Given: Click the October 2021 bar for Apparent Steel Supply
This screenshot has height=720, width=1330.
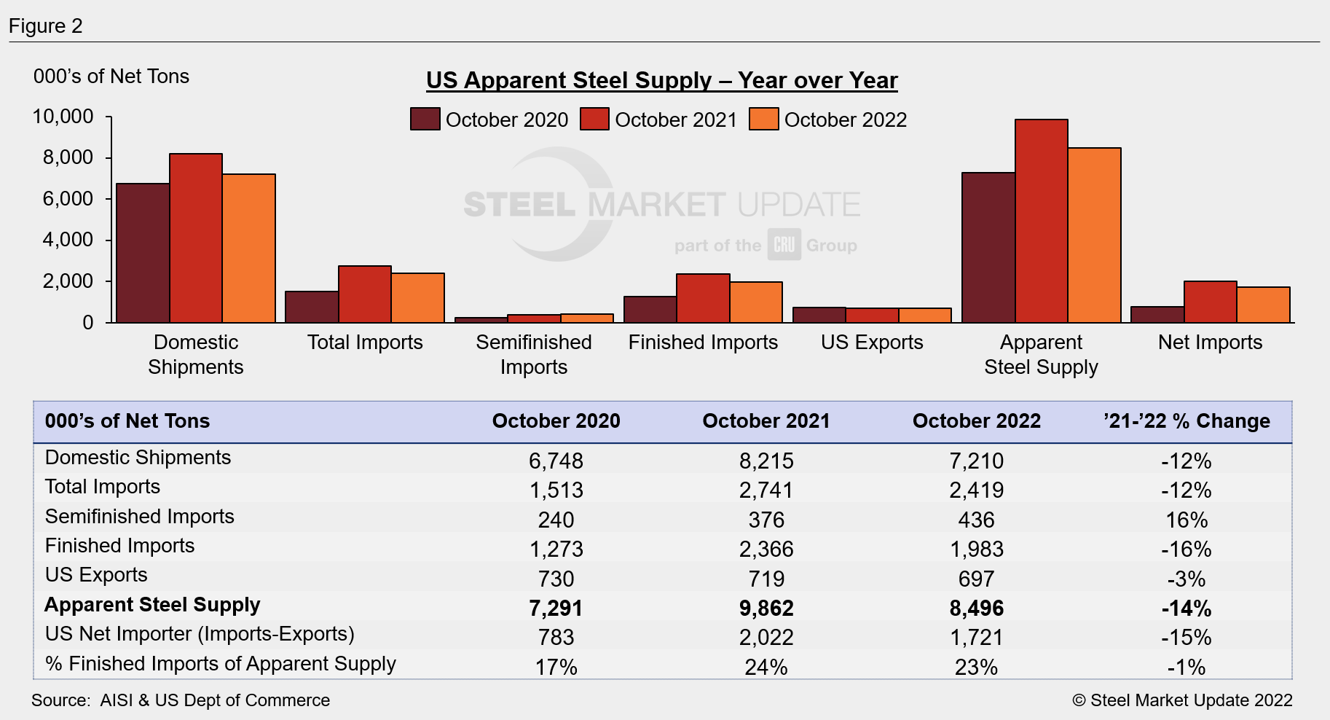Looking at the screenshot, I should point(1041,221).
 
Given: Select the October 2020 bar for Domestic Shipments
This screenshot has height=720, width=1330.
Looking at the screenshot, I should point(143,253).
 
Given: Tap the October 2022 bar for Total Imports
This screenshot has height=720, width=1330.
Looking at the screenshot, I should point(417,298).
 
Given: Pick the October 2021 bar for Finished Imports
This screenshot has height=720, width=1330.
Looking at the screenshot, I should point(703,298).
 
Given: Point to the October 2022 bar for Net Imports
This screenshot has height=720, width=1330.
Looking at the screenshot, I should point(1263,305).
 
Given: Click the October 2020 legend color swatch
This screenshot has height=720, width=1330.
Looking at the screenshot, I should point(425,120).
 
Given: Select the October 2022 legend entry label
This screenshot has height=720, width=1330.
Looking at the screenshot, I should point(845,120).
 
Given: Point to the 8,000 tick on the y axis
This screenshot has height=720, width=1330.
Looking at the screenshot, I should point(68,157).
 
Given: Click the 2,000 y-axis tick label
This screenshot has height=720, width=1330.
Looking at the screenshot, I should point(68,281).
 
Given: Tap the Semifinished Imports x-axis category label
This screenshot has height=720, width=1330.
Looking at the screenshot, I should point(533,354).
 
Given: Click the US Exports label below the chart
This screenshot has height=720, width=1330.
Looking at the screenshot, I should point(872,343).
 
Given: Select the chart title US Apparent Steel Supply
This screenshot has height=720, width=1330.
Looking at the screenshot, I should point(661,80).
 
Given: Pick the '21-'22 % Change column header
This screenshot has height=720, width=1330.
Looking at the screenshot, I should point(1187,421).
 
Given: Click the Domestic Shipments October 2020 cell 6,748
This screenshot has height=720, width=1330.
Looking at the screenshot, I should point(556,461).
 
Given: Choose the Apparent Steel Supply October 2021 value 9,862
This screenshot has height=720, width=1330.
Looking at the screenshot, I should point(766,608).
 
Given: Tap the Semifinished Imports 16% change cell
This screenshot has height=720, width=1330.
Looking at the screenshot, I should point(1187,520).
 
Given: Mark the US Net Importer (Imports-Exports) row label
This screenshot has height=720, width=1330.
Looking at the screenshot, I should point(200,634).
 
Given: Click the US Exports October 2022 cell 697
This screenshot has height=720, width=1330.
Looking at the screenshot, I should point(976,579).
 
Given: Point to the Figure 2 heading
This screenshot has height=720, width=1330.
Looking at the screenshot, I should point(45,26).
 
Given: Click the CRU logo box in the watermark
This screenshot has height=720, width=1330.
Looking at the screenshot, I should point(784,245).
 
